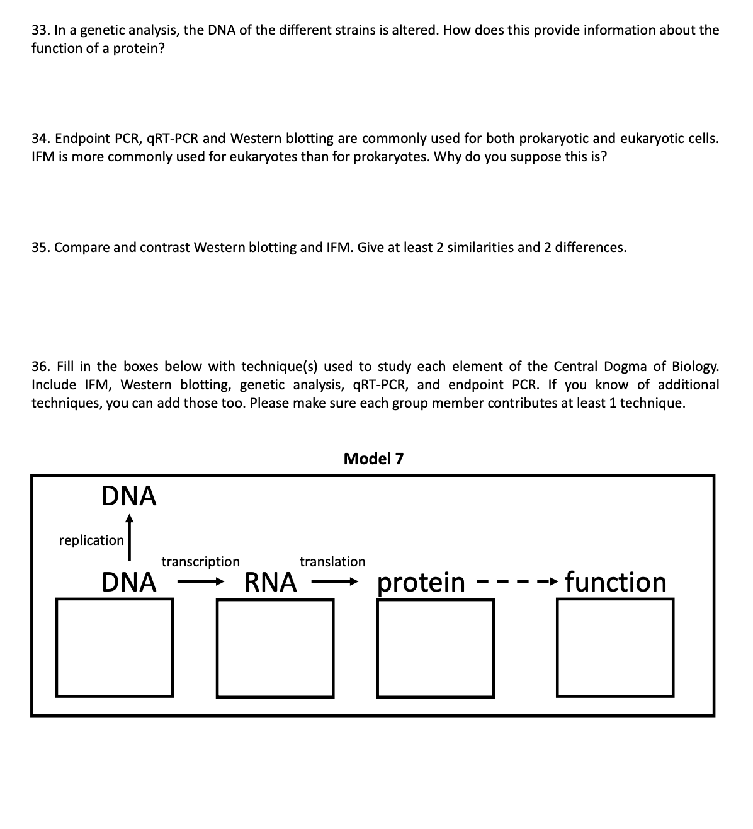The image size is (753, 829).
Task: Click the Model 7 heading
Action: [373, 459]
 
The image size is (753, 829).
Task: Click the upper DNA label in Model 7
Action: [129, 496]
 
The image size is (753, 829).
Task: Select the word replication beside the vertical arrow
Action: [91, 540]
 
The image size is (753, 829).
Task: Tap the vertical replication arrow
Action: [129, 537]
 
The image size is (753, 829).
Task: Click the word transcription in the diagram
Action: [200, 561]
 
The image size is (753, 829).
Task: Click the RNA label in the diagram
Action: [270, 583]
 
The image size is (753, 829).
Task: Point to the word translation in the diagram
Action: [332, 561]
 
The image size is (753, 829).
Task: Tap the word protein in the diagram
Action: [421, 583]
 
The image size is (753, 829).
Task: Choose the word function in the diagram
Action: [615, 582]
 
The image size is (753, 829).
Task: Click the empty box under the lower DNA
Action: [115, 647]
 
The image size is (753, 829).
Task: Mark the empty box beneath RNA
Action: [275, 648]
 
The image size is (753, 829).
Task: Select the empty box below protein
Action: [436, 648]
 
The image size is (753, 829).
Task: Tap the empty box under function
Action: [615, 647]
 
